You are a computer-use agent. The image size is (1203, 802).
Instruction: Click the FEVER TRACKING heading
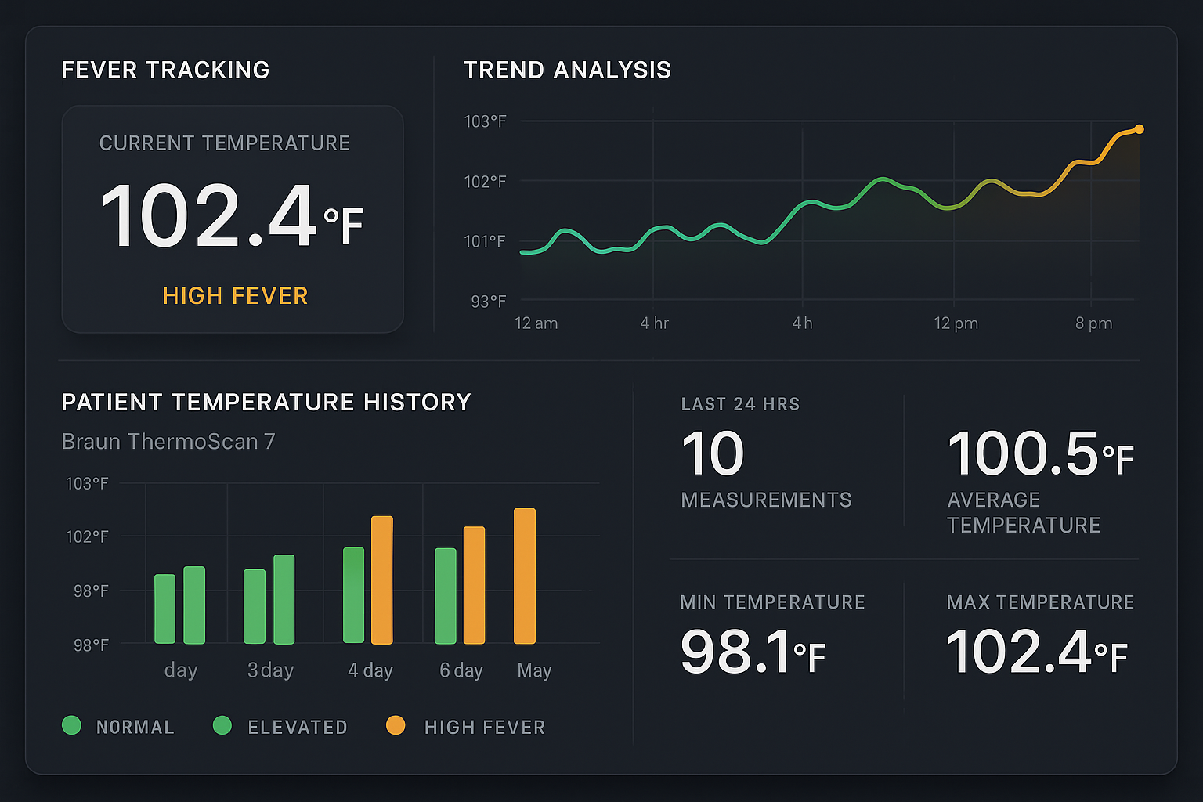[165, 70]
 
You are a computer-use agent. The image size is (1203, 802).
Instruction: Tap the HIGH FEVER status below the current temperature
[235, 296]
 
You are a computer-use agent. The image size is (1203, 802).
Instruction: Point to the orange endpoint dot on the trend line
[1139, 129]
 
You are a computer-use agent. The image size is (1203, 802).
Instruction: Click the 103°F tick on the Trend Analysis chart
[485, 121]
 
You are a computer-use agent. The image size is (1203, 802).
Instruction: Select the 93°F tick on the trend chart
[488, 302]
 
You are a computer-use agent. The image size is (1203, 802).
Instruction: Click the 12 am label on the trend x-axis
[536, 323]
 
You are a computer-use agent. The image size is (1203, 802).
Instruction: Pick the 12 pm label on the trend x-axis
[956, 323]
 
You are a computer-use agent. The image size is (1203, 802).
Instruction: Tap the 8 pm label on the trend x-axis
[1093, 323]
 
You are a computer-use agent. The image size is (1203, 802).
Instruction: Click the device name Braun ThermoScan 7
[168, 442]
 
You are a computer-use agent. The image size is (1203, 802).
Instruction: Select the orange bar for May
[525, 576]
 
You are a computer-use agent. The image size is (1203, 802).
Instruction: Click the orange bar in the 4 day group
[381, 580]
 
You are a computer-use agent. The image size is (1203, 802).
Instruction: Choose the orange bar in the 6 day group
[474, 585]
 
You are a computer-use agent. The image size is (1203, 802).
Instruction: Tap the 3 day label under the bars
[270, 670]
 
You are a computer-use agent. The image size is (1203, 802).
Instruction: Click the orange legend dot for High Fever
[396, 726]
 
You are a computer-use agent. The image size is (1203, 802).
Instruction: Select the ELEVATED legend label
[298, 728]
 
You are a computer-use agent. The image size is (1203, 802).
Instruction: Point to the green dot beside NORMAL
[71, 726]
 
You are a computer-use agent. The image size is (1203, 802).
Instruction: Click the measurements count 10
[712, 454]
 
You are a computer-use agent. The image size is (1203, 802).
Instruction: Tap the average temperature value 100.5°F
[1039, 454]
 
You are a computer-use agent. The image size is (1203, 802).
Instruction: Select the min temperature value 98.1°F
[752, 652]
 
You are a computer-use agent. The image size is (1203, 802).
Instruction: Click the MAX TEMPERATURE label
[1040, 602]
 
